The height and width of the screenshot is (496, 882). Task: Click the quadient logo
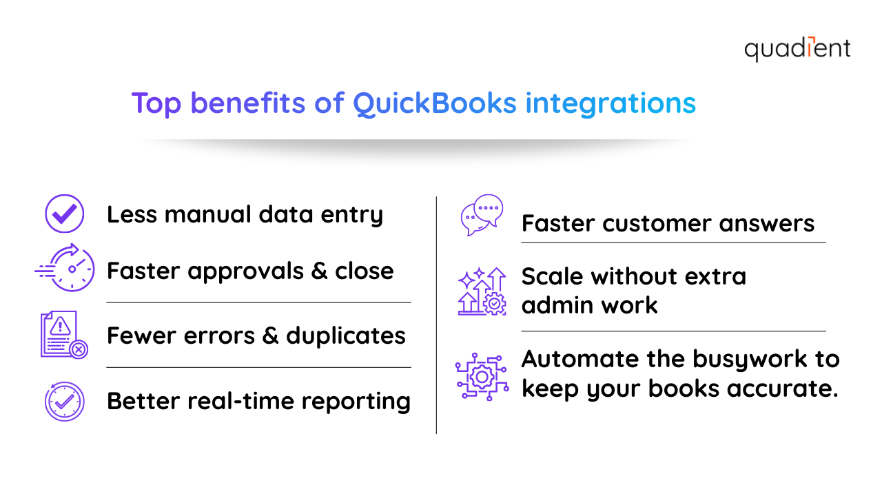[797, 49]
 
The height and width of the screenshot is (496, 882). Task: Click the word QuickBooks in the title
[434, 103]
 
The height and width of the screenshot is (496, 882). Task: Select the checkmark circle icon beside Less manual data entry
[64, 214]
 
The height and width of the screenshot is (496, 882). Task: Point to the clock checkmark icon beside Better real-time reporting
[64, 401]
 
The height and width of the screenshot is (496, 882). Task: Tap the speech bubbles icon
[482, 216]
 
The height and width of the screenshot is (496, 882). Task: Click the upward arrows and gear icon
[482, 291]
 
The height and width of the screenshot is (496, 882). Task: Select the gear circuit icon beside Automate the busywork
[482, 375]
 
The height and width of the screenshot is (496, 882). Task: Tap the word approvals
[247, 271]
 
